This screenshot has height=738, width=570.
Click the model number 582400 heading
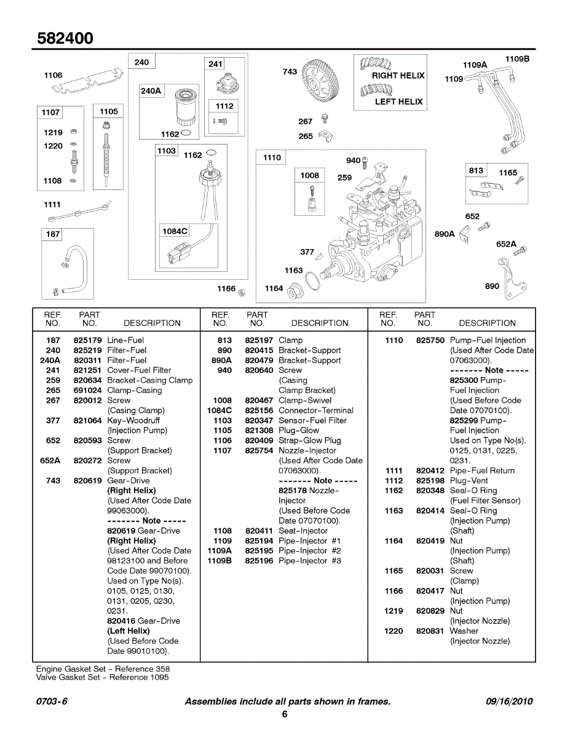(x=65, y=38)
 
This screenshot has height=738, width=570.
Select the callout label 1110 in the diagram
(x=272, y=158)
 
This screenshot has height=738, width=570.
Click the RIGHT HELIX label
(x=398, y=76)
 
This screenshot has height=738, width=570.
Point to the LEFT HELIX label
(x=399, y=101)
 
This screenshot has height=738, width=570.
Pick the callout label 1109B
(x=517, y=58)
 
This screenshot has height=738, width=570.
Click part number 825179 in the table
(x=87, y=340)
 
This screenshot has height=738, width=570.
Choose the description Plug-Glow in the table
(x=299, y=430)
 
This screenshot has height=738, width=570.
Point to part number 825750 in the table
(x=430, y=340)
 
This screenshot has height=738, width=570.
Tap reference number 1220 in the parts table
(x=394, y=631)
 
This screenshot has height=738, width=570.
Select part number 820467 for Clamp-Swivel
(x=259, y=400)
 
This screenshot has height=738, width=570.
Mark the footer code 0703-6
(x=52, y=702)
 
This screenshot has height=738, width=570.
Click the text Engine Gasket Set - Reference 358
(x=103, y=669)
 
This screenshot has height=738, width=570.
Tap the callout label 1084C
(x=175, y=231)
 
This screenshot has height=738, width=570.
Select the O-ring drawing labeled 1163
(x=313, y=281)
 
